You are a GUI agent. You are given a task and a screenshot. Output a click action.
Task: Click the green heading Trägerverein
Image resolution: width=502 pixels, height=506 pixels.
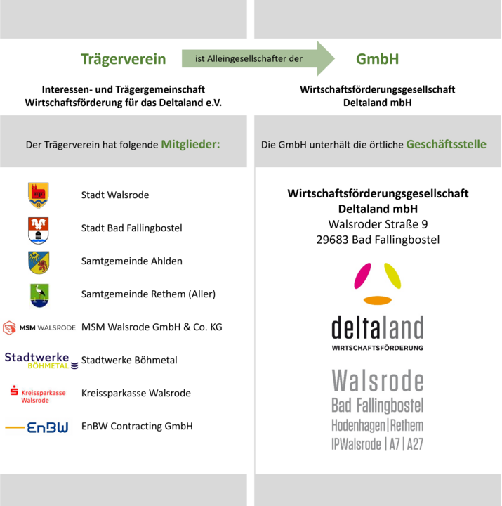pyautogui.click(x=123, y=59)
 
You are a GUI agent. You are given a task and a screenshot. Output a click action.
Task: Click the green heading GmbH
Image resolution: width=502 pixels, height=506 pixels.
pyautogui.click(x=377, y=59)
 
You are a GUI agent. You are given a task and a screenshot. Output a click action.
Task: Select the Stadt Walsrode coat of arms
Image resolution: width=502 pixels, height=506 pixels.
pyautogui.click(x=39, y=195)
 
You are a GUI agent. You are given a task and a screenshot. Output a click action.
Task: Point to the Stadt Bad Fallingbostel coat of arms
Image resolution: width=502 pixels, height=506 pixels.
pyautogui.click(x=39, y=228)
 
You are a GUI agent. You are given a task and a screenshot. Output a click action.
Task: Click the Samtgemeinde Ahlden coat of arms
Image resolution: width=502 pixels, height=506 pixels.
pyautogui.click(x=39, y=261)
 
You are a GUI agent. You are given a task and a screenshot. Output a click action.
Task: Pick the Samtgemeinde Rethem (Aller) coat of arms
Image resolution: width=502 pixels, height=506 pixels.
pyautogui.click(x=39, y=294)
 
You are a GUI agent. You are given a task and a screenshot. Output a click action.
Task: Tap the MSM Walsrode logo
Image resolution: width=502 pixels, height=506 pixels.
pyautogui.click(x=39, y=327)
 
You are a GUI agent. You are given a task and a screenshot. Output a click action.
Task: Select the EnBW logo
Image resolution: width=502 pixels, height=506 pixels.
pyautogui.click(x=38, y=427)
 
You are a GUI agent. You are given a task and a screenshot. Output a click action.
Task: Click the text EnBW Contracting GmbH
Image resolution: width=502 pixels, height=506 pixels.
pyautogui.click(x=137, y=427)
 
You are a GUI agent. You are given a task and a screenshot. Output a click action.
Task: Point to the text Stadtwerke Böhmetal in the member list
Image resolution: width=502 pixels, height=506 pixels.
pyautogui.click(x=129, y=361)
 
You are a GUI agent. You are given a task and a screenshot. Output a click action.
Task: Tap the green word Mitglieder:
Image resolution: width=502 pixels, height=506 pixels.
pyautogui.click(x=190, y=145)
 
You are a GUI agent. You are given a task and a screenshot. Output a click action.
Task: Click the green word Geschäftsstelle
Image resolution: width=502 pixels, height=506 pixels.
pyautogui.click(x=447, y=145)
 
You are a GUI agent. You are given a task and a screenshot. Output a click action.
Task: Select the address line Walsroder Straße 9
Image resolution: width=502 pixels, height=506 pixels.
pyautogui.click(x=378, y=224)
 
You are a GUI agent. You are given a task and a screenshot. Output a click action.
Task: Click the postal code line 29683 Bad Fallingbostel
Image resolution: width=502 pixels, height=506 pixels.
pyautogui.click(x=378, y=240)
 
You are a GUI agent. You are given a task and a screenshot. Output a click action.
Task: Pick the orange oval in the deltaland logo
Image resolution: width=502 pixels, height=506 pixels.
pyautogui.click(x=378, y=300)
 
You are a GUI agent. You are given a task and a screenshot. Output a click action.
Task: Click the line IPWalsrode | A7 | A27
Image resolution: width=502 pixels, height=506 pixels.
pyautogui.click(x=378, y=443)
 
